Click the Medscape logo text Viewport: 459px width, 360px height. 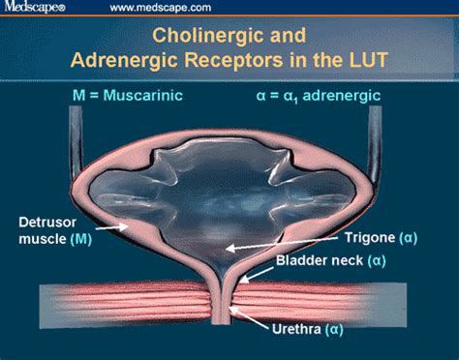point(32,9)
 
